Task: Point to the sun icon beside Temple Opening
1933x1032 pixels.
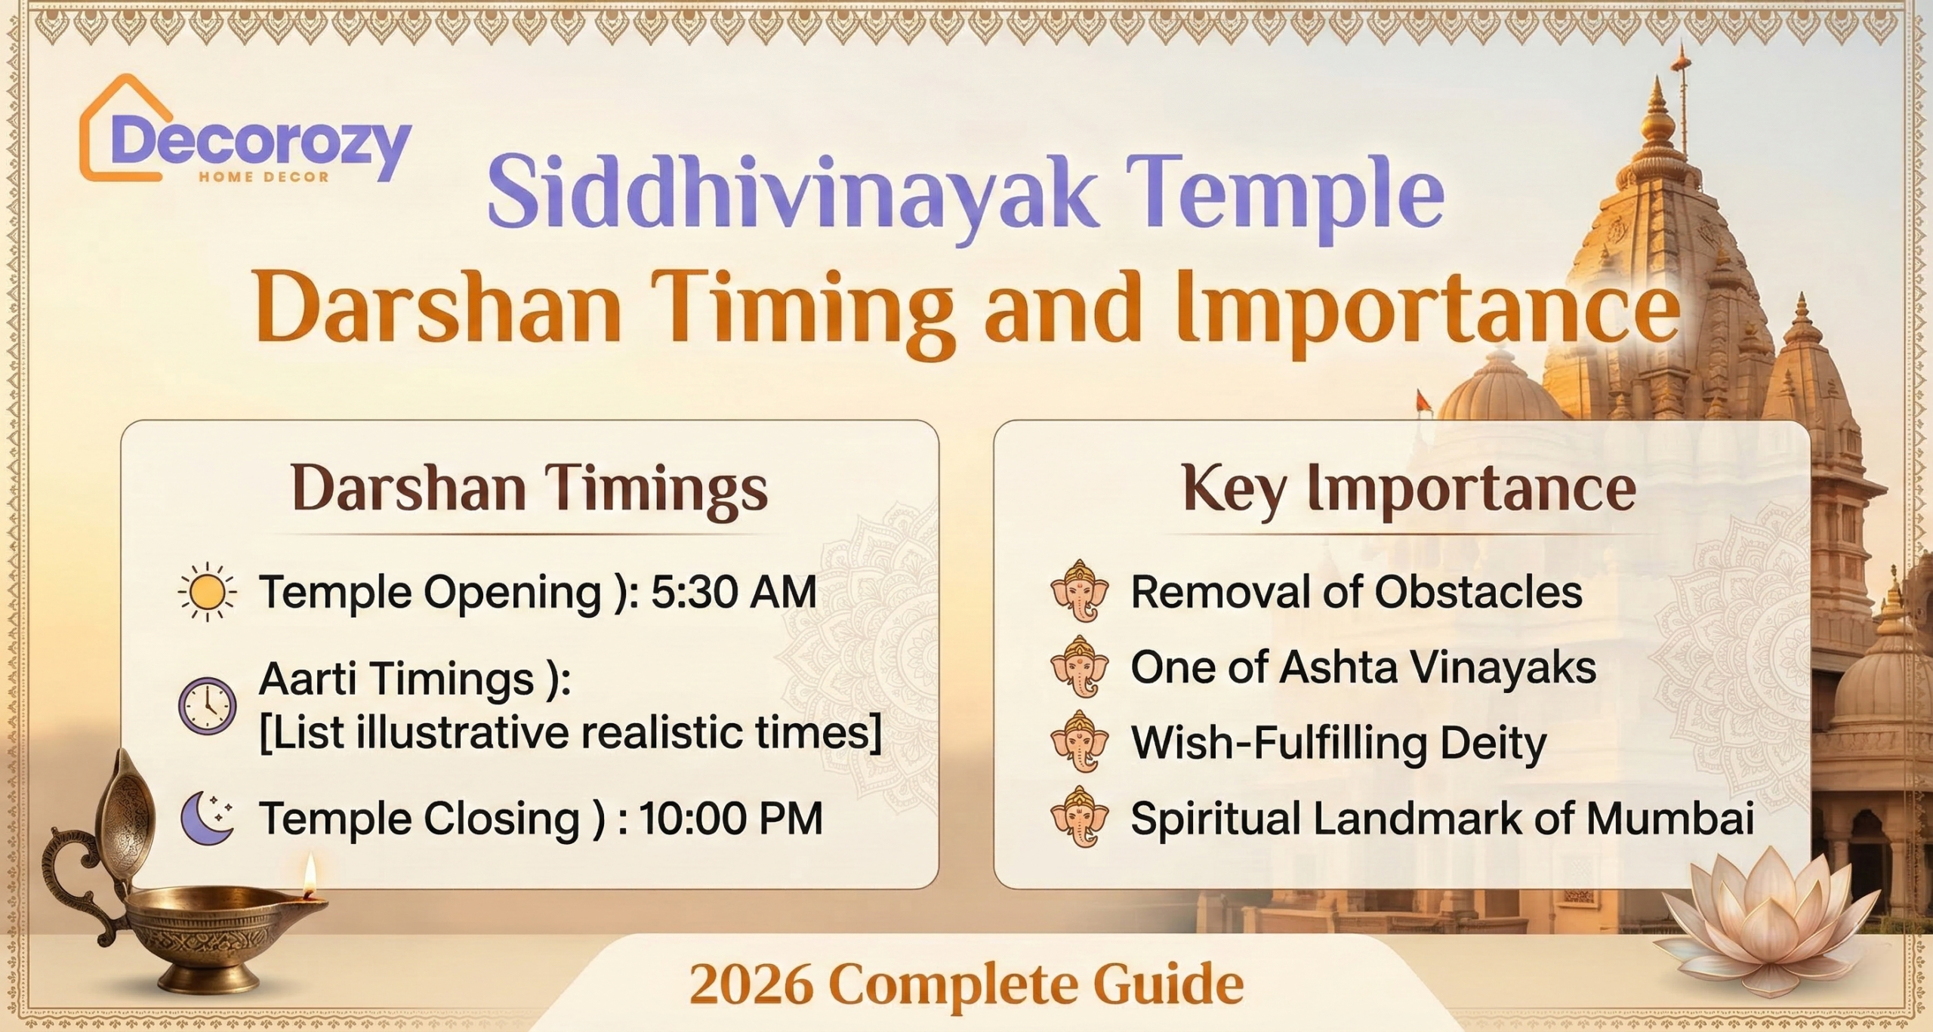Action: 207,592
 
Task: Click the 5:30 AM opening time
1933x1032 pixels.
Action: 733,591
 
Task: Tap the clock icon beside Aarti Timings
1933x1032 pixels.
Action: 207,707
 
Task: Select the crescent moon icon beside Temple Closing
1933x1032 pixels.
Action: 207,818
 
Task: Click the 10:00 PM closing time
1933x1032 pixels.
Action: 731,818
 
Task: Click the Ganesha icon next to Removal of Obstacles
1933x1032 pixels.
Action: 1080,590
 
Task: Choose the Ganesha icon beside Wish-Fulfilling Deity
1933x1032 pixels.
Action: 1080,741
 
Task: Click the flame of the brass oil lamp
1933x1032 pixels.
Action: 309,876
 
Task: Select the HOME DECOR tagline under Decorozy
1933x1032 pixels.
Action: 264,177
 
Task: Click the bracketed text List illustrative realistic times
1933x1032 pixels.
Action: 570,732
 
